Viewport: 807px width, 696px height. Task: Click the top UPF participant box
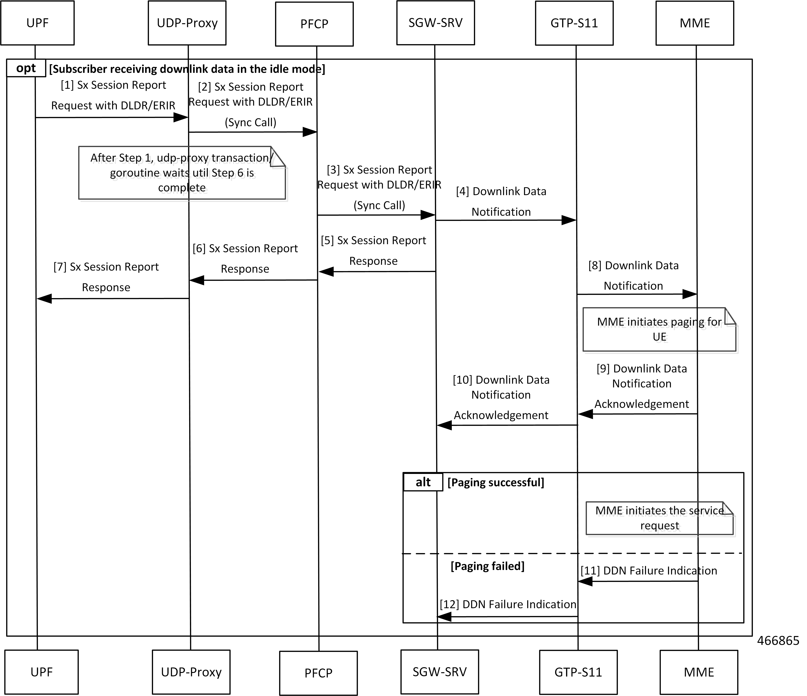tap(37, 23)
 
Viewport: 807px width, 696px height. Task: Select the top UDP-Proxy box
tap(187, 23)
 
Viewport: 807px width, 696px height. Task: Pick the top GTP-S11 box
tap(574, 23)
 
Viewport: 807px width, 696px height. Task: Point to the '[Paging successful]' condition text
tap(495, 482)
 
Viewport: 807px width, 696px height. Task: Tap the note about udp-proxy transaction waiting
tap(182, 173)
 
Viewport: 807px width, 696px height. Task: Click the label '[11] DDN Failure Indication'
tap(649, 571)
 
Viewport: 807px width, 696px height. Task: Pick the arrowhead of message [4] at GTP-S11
tap(569, 220)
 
